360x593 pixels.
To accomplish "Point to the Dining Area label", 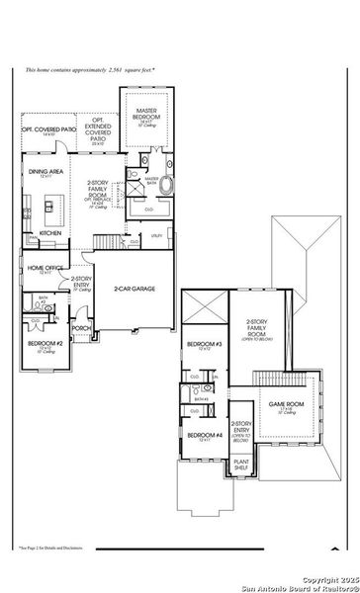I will pyautogui.click(x=44, y=173).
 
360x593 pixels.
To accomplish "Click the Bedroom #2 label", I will pyautogui.click(x=43, y=346).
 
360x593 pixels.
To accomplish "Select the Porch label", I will pyautogui.click(x=81, y=329).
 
